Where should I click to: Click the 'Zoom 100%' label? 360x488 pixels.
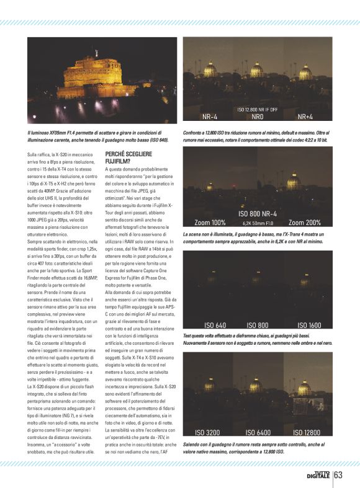(x=210, y=222)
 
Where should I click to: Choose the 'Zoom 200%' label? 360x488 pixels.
(x=304, y=222)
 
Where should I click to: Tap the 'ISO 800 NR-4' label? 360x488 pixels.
(x=258, y=213)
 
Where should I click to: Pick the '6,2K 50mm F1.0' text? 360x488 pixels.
(x=258, y=222)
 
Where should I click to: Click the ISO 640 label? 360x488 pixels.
(x=215, y=325)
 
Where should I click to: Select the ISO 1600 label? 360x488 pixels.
(x=309, y=325)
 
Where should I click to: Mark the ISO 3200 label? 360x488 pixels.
(x=207, y=432)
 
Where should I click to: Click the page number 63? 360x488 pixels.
(x=338, y=475)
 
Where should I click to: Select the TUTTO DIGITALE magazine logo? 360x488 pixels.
(x=318, y=475)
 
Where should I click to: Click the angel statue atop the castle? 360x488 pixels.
(x=96, y=52)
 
